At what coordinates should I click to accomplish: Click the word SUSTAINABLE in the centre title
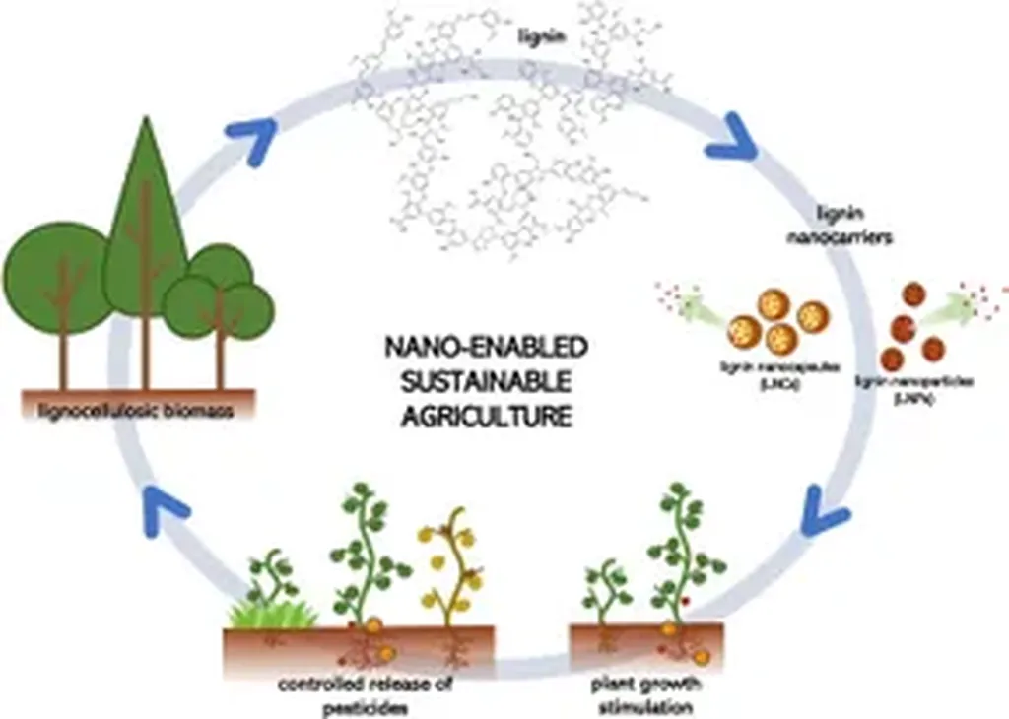click(x=486, y=380)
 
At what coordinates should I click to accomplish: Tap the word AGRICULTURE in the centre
click(x=487, y=415)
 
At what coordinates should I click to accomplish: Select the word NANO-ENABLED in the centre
click(x=486, y=346)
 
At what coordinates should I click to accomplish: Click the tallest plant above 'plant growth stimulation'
click(x=681, y=552)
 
